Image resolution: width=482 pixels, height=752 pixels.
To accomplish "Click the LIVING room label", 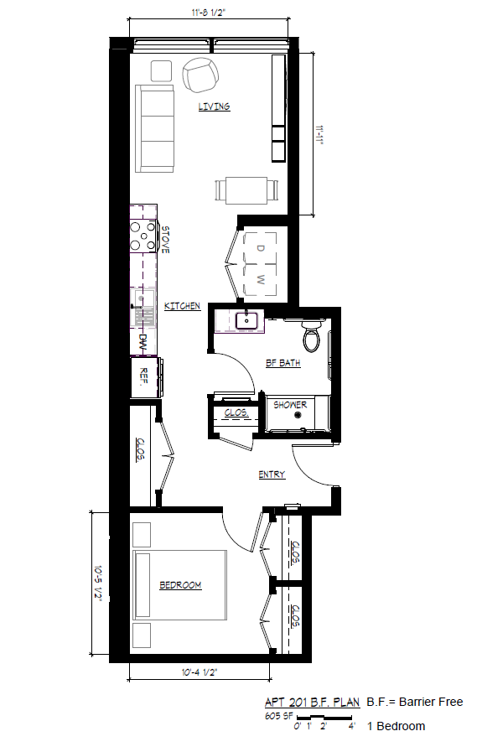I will coord(214,106).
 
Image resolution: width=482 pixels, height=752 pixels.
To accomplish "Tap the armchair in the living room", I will coord(200,75).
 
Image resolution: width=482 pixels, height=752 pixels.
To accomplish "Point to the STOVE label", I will coord(165,240).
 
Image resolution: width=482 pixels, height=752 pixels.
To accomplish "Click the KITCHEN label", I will coord(182,307).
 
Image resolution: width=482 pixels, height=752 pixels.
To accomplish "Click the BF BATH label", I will coord(283,364).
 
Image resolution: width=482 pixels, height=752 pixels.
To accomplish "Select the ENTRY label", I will coord(271,475).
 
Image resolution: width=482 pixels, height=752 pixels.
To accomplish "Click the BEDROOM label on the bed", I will coord(180,585).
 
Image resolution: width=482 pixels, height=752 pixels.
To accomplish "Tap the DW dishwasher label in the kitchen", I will coord(143,342).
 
